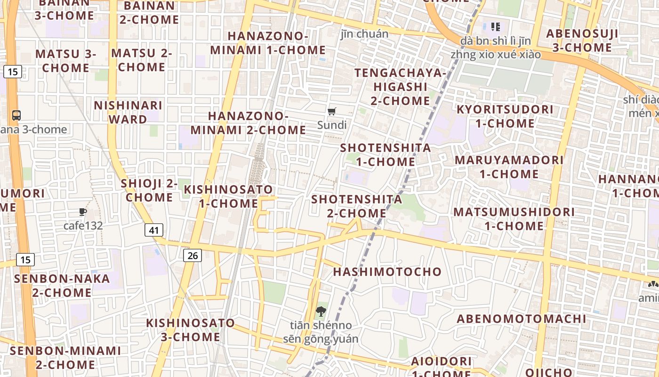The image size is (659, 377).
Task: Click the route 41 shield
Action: (x=154, y=230)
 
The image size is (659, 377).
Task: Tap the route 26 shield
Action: (x=192, y=255)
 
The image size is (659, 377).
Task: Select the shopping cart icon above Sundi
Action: (x=332, y=112)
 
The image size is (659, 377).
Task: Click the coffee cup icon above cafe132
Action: (x=83, y=212)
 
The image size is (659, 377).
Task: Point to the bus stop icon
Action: (x=16, y=115)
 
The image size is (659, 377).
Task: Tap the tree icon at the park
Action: (x=321, y=311)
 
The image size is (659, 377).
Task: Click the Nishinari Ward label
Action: (x=128, y=112)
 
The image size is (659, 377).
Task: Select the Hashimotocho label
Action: (x=387, y=271)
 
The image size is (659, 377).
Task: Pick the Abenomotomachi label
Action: (x=522, y=319)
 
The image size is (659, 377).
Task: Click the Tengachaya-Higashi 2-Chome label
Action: (x=400, y=87)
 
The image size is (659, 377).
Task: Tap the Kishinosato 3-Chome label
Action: (x=191, y=330)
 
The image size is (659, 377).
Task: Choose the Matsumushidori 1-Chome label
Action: (x=514, y=219)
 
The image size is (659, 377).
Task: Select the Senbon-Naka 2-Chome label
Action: (x=62, y=285)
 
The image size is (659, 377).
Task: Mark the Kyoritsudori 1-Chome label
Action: (x=505, y=116)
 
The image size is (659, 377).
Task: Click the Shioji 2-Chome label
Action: (x=149, y=190)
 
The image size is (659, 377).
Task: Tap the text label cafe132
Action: (x=83, y=226)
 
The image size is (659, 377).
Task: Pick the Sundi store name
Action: (x=332, y=125)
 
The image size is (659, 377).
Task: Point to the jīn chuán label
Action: (x=364, y=34)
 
